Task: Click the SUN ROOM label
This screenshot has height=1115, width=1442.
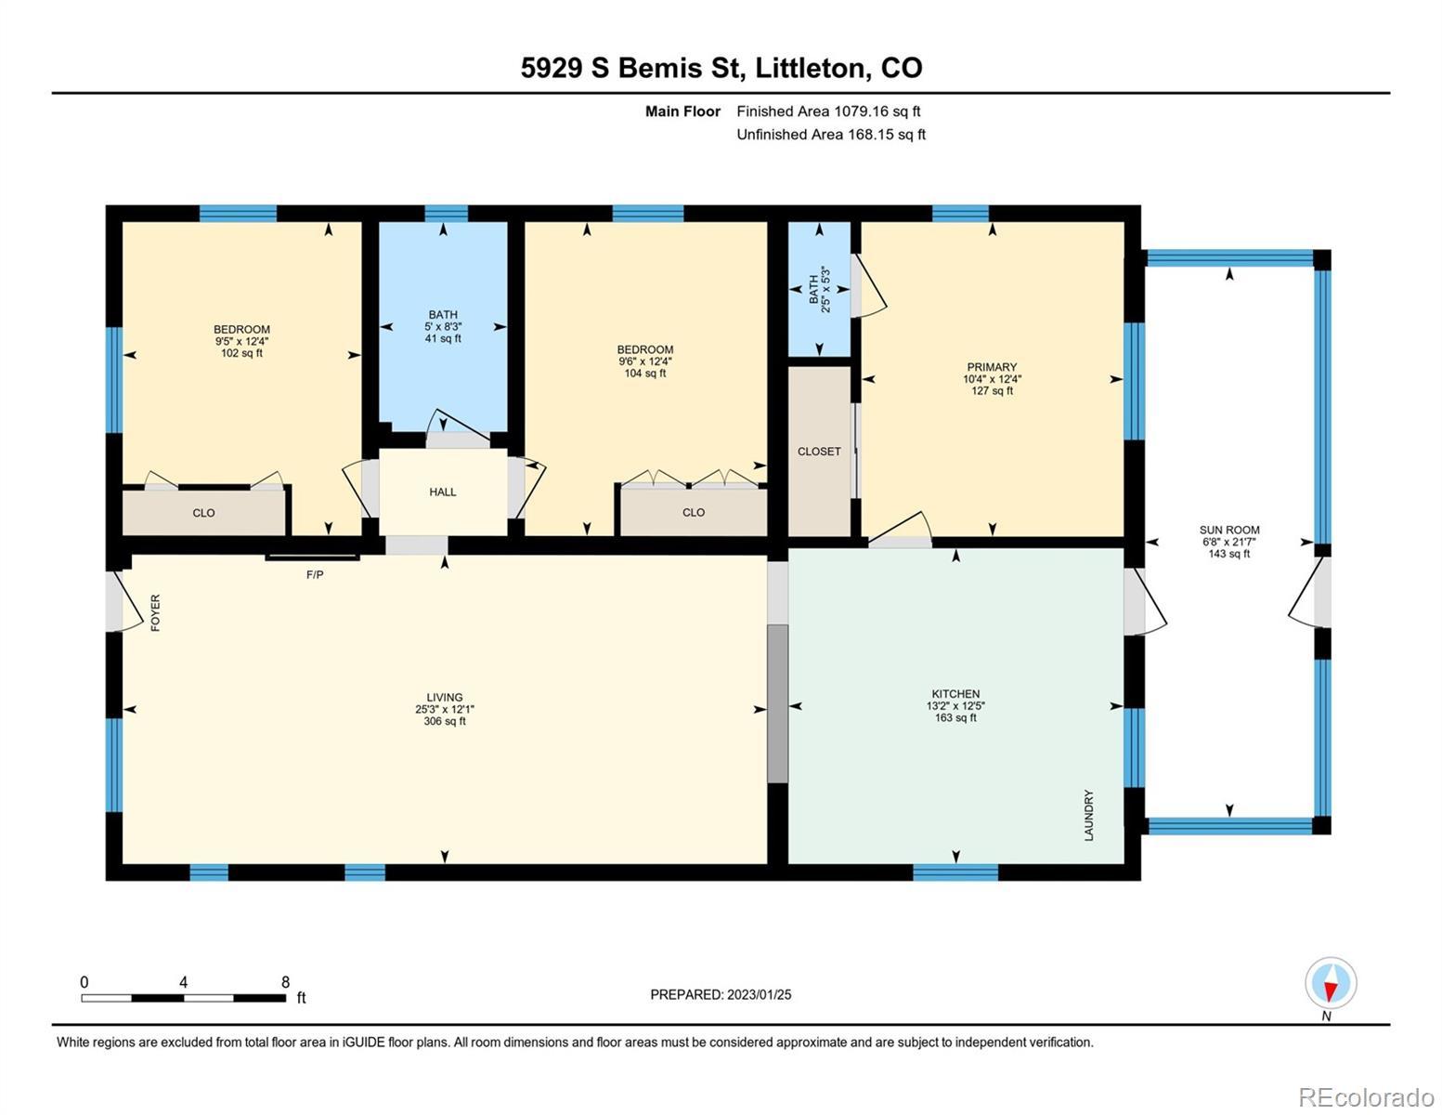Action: pos(1229,530)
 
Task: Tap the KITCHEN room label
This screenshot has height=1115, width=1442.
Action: pos(955,694)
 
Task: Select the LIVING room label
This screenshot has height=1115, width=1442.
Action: pos(445,697)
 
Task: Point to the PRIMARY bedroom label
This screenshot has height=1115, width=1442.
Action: pos(992,367)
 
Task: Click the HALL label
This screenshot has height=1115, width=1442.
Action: pos(443,492)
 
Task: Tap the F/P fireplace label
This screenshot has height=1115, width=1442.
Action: pos(315,574)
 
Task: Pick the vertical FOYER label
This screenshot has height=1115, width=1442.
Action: pos(156,612)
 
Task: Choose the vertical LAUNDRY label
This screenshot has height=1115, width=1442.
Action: pos(1089,816)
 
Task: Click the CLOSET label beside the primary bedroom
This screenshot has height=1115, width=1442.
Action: pos(819,452)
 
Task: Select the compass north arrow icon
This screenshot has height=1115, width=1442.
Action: pos(1331,983)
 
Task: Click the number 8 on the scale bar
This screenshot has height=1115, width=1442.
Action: pos(285,981)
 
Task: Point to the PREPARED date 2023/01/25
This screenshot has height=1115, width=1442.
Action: pos(760,995)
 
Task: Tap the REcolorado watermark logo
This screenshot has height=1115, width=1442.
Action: pos(1366,1095)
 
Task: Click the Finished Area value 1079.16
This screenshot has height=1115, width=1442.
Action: pos(862,111)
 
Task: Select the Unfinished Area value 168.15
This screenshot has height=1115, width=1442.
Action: pos(871,135)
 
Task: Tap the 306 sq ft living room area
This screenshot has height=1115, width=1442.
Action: pos(445,721)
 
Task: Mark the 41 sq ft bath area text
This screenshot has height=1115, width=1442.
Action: pos(443,339)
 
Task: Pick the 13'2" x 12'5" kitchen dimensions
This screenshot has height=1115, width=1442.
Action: pos(955,706)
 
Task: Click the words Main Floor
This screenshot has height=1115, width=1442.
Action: pos(682,111)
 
